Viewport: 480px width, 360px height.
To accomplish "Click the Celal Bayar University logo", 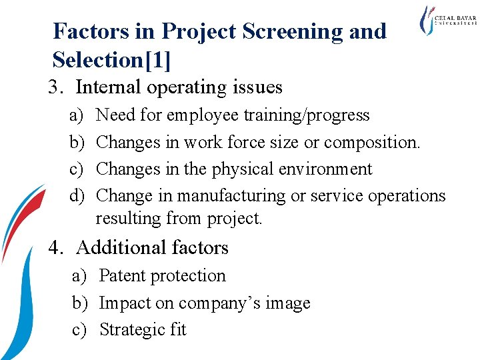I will pos(447,21).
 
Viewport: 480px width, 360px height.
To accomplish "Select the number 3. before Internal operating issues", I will pos(57,87).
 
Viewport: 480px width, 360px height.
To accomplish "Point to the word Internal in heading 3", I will pos(109,87).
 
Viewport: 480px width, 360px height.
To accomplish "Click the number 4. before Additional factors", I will pos(57,248).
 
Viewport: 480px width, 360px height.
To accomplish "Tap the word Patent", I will pos(125,276).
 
